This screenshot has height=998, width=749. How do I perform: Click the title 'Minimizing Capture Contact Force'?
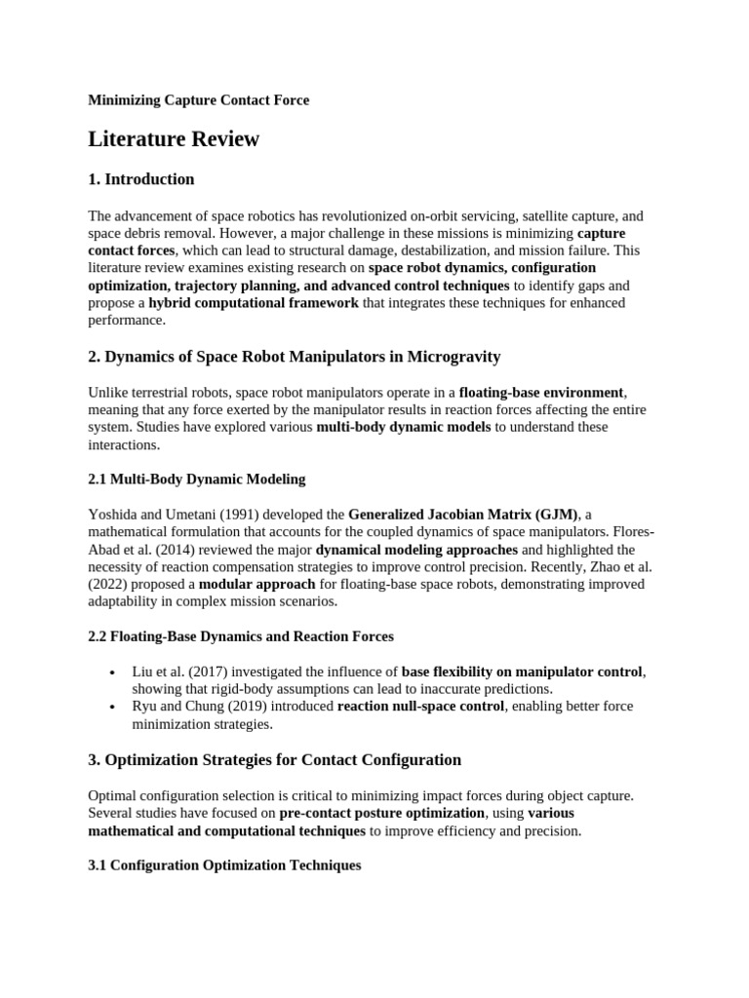click(x=199, y=100)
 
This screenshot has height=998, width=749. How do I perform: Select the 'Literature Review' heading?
click(x=174, y=138)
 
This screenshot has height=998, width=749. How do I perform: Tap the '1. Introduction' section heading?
click(x=141, y=179)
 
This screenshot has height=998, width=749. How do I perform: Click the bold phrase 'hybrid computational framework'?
click(x=254, y=303)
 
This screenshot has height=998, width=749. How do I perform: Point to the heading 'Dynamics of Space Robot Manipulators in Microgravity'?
click(x=302, y=357)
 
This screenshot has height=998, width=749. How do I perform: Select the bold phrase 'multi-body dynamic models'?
click(x=404, y=427)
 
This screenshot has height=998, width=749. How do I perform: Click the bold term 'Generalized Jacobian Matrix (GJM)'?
click(x=463, y=515)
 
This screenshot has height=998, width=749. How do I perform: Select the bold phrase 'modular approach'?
click(x=256, y=585)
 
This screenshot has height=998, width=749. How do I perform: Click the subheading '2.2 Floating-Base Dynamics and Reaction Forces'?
click(x=241, y=636)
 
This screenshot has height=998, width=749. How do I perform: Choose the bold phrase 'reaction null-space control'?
click(x=420, y=707)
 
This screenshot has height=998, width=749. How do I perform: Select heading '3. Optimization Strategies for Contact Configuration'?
click(x=274, y=759)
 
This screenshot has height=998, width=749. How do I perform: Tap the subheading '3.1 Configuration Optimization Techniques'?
click(x=224, y=865)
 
